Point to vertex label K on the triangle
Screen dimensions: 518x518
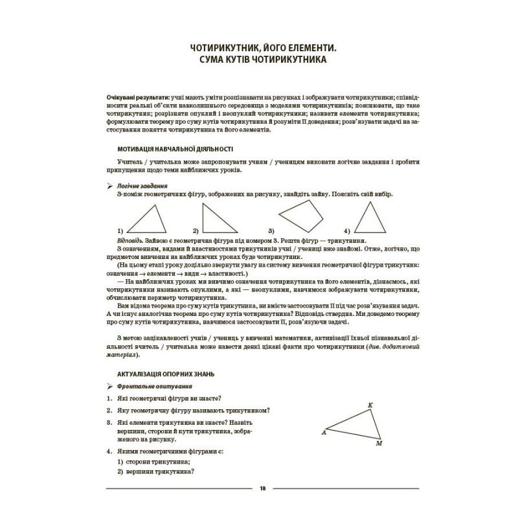[x=370, y=405]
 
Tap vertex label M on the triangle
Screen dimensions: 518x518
[x=379, y=444]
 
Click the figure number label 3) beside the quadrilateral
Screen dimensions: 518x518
[x=271, y=231]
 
